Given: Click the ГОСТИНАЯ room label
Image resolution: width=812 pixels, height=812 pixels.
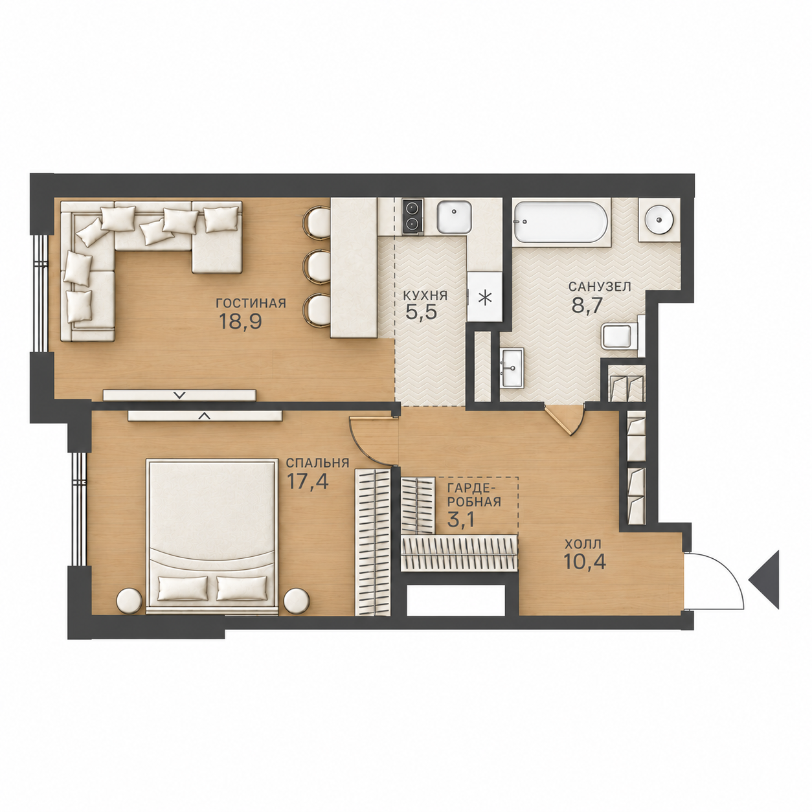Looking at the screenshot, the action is point(251,304).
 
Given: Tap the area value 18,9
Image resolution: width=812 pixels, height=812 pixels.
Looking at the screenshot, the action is point(241,322).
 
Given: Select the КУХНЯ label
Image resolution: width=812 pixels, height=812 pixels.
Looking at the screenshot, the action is point(425,296).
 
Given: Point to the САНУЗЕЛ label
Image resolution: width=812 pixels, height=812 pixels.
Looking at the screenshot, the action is point(599,287).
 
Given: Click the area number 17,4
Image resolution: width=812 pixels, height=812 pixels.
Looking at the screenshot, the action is point(307,481).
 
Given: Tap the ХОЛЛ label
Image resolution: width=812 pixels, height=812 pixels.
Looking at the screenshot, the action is point(583,544).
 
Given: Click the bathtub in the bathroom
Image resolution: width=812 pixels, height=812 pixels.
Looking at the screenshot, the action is point(561,223).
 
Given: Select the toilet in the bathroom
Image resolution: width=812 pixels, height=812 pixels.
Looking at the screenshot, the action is point(621,337).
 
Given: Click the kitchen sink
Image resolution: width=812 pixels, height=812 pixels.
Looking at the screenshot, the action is point(454,216).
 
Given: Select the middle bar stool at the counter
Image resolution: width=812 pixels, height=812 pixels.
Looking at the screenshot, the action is point(317,267).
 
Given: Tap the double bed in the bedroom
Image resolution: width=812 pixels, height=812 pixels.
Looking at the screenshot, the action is point(212,536).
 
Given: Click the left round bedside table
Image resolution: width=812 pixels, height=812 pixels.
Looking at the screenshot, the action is point(128,602).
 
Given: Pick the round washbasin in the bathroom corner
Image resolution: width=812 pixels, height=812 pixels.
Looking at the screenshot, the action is point(659,220).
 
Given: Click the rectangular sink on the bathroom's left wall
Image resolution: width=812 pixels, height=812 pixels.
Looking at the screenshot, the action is point(512,367).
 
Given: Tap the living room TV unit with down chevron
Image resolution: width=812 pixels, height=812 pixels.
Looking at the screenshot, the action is point(180,395).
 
